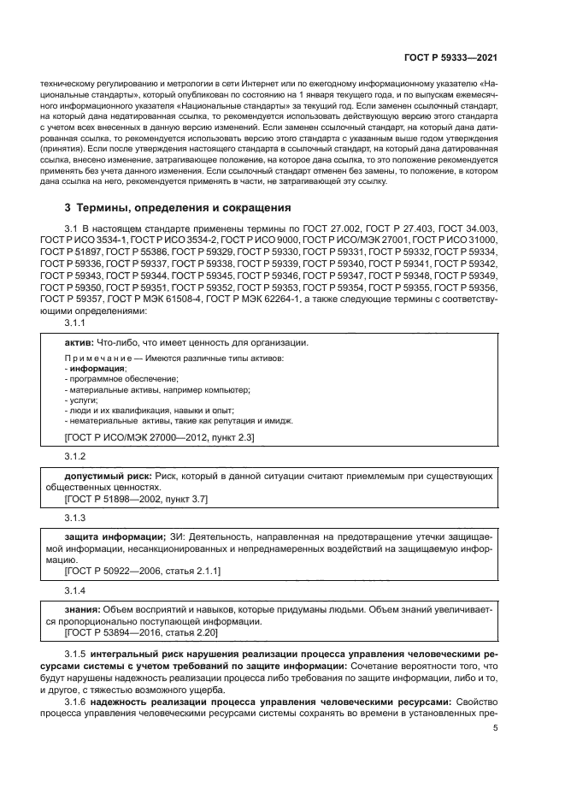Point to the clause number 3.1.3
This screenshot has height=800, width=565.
(x=76, y=518)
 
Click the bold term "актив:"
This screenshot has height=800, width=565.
(x=80, y=342)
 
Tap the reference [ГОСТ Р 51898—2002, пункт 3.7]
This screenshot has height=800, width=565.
(x=130, y=498)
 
